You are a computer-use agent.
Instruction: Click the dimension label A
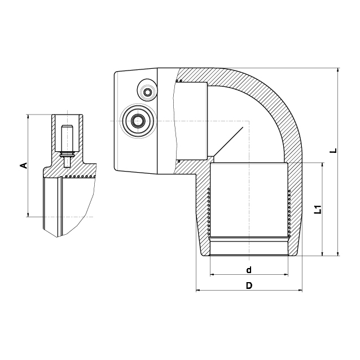(x=24, y=165)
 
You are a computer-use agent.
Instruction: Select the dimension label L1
(x=318, y=209)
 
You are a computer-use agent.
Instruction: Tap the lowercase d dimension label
(x=249, y=270)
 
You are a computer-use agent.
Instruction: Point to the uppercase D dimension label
(x=249, y=286)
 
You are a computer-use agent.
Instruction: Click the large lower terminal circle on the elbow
(x=138, y=120)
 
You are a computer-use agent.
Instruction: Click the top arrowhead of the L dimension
(x=338, y=70)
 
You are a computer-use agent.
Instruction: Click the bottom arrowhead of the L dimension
(x=338, y=253)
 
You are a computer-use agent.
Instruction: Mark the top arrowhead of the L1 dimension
(x=323, y=165)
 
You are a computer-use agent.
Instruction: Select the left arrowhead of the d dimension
(x=212, y=274)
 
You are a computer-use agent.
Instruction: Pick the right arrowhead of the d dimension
(x=286, y=274)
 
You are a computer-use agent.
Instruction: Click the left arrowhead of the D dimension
(x=199, y=291)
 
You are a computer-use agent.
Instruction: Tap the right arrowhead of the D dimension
(x=300, y=291)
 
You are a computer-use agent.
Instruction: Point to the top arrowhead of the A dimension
(x=28, y=117)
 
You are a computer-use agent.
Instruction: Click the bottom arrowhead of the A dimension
(x=28, y=214)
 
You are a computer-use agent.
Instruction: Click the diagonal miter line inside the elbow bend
(x=228, y=142)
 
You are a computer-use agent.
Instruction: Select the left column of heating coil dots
(x=209, y=212)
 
